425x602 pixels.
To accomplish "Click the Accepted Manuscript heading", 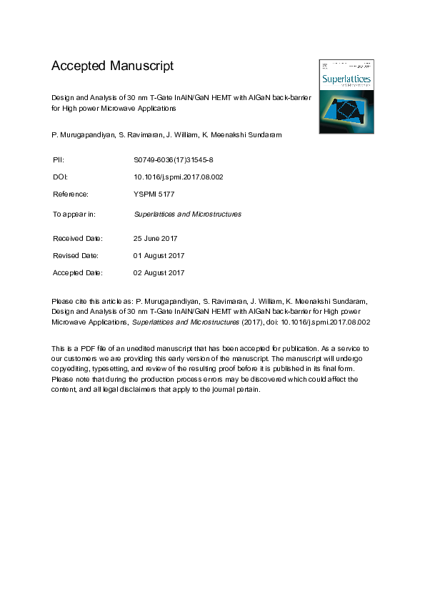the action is (112, 66).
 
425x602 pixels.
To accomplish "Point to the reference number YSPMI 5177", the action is (155, 194).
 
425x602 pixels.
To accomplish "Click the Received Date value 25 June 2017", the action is (156, 238).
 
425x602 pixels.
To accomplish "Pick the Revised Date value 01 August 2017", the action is (159, 255).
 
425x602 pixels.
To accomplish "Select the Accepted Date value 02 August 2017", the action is (159, 272).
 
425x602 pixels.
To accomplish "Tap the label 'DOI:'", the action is (60, 177).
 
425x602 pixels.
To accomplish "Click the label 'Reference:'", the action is (71, 194).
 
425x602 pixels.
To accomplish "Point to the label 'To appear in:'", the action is (74, 214).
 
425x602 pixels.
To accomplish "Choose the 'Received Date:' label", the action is (78, 238).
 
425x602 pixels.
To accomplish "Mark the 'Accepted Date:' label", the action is (78, 272).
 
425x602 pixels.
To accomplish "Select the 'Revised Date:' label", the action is (76, 255).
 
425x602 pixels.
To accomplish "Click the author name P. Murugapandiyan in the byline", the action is (81, 134).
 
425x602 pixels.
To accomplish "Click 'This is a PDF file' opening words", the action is (80, 347).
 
